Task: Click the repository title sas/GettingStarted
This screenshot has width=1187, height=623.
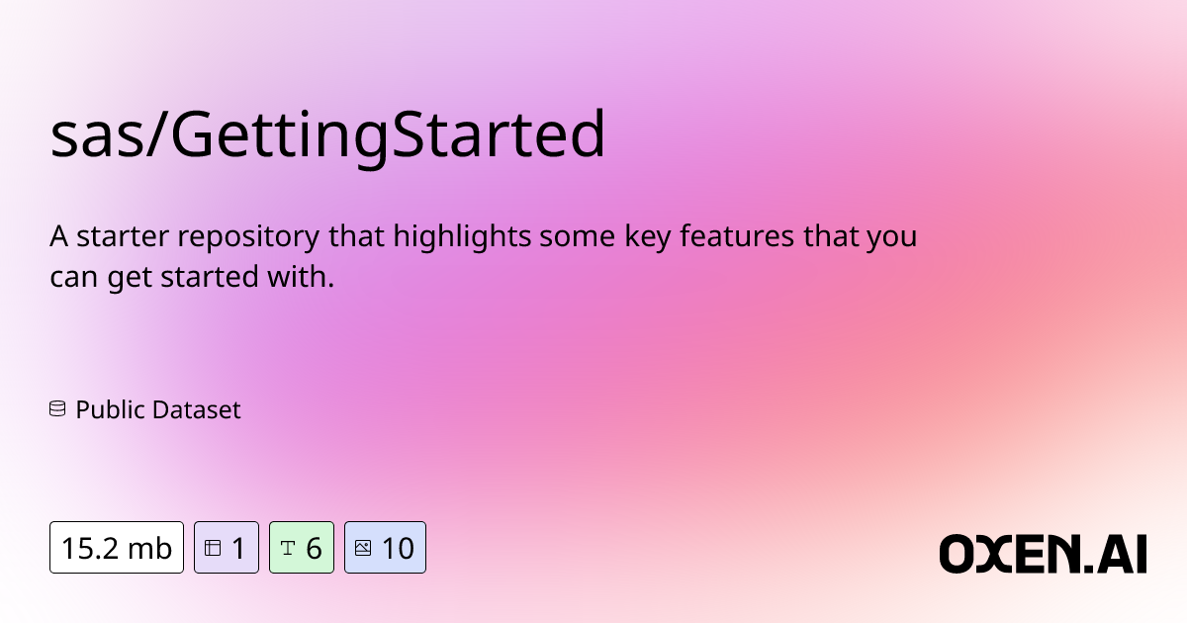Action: pos(327,135)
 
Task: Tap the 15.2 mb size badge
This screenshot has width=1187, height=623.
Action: pos(117,547)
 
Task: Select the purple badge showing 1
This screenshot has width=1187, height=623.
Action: pos(227,547)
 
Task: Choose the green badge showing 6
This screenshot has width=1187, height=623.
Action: pos(302,547)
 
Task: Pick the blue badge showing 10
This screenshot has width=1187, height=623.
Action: pos(385,547)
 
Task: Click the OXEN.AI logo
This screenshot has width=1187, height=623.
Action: pos(1043,554)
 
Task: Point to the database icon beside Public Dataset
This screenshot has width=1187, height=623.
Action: pos(57,409)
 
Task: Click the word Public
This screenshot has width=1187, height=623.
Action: pos(110,410)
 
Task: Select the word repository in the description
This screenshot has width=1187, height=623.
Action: pos(248,236)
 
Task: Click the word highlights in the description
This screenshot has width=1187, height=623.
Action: pos(462,236)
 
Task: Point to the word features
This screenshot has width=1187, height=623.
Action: pos(737,235)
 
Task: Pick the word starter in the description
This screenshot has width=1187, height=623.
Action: pos(123,236)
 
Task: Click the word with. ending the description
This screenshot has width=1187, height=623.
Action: pos(301,276)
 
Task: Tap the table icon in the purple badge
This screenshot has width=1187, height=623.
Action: pos(213,548)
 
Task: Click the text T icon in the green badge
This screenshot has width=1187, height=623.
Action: pos(288,548)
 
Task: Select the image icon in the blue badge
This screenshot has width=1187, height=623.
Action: pos(363,548)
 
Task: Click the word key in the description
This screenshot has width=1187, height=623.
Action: pos(648,236)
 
